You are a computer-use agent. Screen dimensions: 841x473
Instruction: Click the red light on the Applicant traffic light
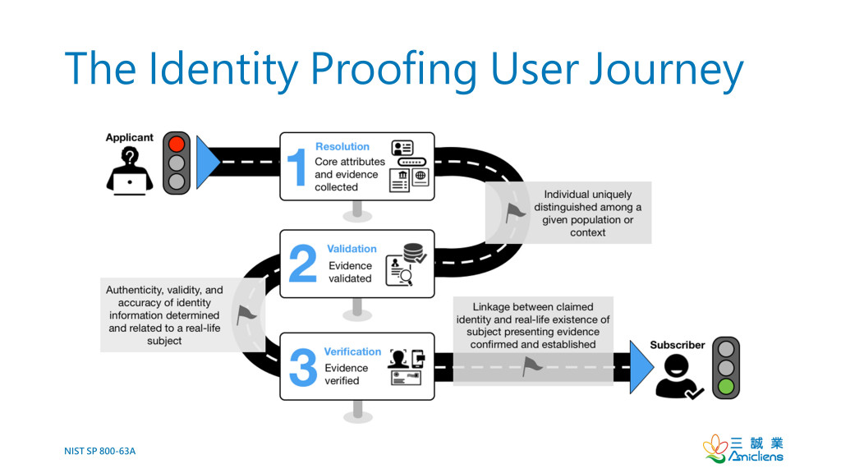tap(177, 145)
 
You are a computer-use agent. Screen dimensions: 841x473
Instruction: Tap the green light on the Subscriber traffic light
tap(726, 386)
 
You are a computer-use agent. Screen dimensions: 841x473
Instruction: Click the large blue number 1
tap(296, 167)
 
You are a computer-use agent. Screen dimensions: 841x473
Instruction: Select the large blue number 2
tap(302, 264)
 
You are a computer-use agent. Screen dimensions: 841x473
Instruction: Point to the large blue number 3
tap(303, 367)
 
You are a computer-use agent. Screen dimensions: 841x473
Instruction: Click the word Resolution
tap(342, 146)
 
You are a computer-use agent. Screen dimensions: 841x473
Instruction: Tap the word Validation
tap(352, 249)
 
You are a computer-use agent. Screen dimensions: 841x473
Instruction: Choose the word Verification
tap(352, 351)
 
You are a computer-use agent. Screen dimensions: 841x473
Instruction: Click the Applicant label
tap(129, 137)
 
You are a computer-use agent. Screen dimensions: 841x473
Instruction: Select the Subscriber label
tap(678, 345)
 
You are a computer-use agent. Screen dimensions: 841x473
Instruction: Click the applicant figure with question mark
tap(129, 172)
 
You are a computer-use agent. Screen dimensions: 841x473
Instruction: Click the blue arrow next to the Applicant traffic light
tap(207, 162)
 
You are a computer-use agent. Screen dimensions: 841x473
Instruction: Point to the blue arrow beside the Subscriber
tap(641, 367)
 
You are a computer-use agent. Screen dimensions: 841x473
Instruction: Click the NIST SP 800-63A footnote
tap(99, 451)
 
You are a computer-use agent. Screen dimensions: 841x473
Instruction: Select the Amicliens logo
tap(742, 449)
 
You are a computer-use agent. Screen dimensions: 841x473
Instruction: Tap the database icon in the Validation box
tap(415, 253)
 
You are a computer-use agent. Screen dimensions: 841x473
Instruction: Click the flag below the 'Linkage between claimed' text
tap(532, 367)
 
